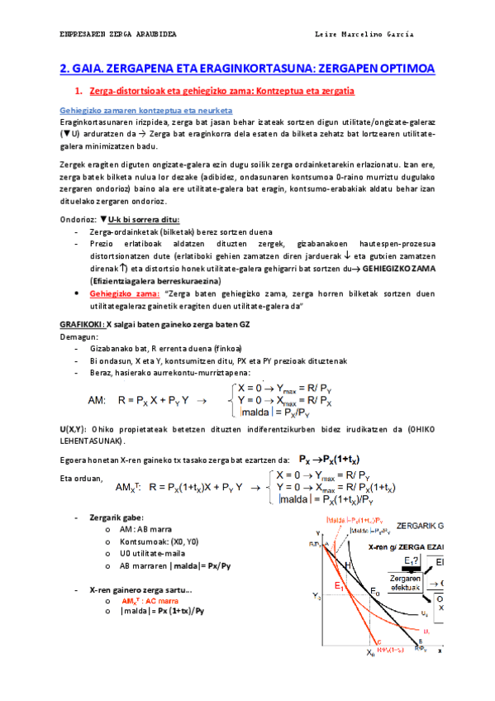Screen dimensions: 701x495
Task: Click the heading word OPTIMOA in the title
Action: [400, 68]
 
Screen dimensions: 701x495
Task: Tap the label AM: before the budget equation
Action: [97, 400]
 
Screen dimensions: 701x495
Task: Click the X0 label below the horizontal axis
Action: [370, 652]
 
